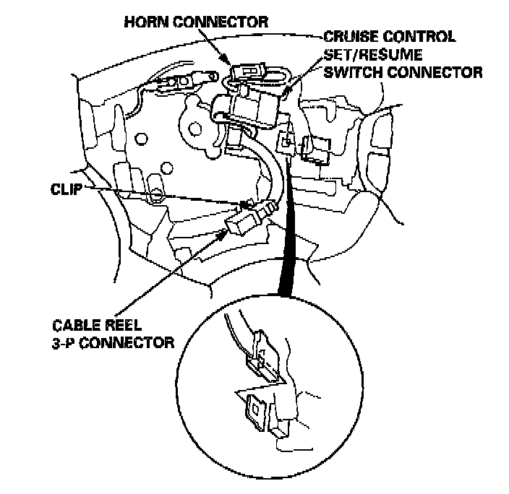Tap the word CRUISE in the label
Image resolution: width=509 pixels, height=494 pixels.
click(x=347, y=36)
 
